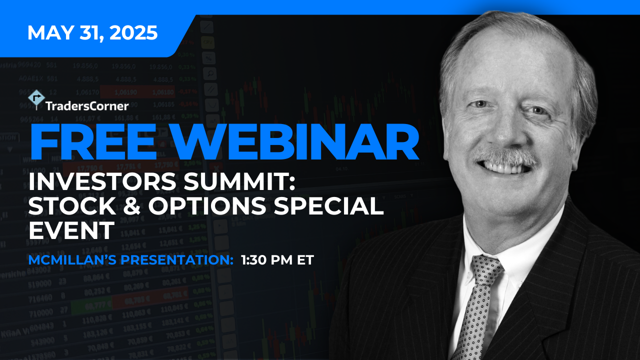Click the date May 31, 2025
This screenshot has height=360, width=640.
(x=92, y=33)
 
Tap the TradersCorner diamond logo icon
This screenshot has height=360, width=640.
(x=36, y=99)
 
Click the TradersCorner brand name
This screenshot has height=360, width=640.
(x=87, y=106)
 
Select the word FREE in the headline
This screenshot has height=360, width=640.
(x=93, y=142)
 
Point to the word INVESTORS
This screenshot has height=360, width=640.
(x=102, y=181)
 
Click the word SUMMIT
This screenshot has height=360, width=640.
(x=239, y=181)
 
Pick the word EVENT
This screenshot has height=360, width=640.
(x=71, y=230)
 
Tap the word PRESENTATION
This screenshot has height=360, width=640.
(x=177, y=260)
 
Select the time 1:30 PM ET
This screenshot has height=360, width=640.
(x=277, y=260)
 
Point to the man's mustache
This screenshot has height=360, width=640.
(x=505, y=156)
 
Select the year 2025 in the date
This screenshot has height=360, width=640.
(x=133, y=33)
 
